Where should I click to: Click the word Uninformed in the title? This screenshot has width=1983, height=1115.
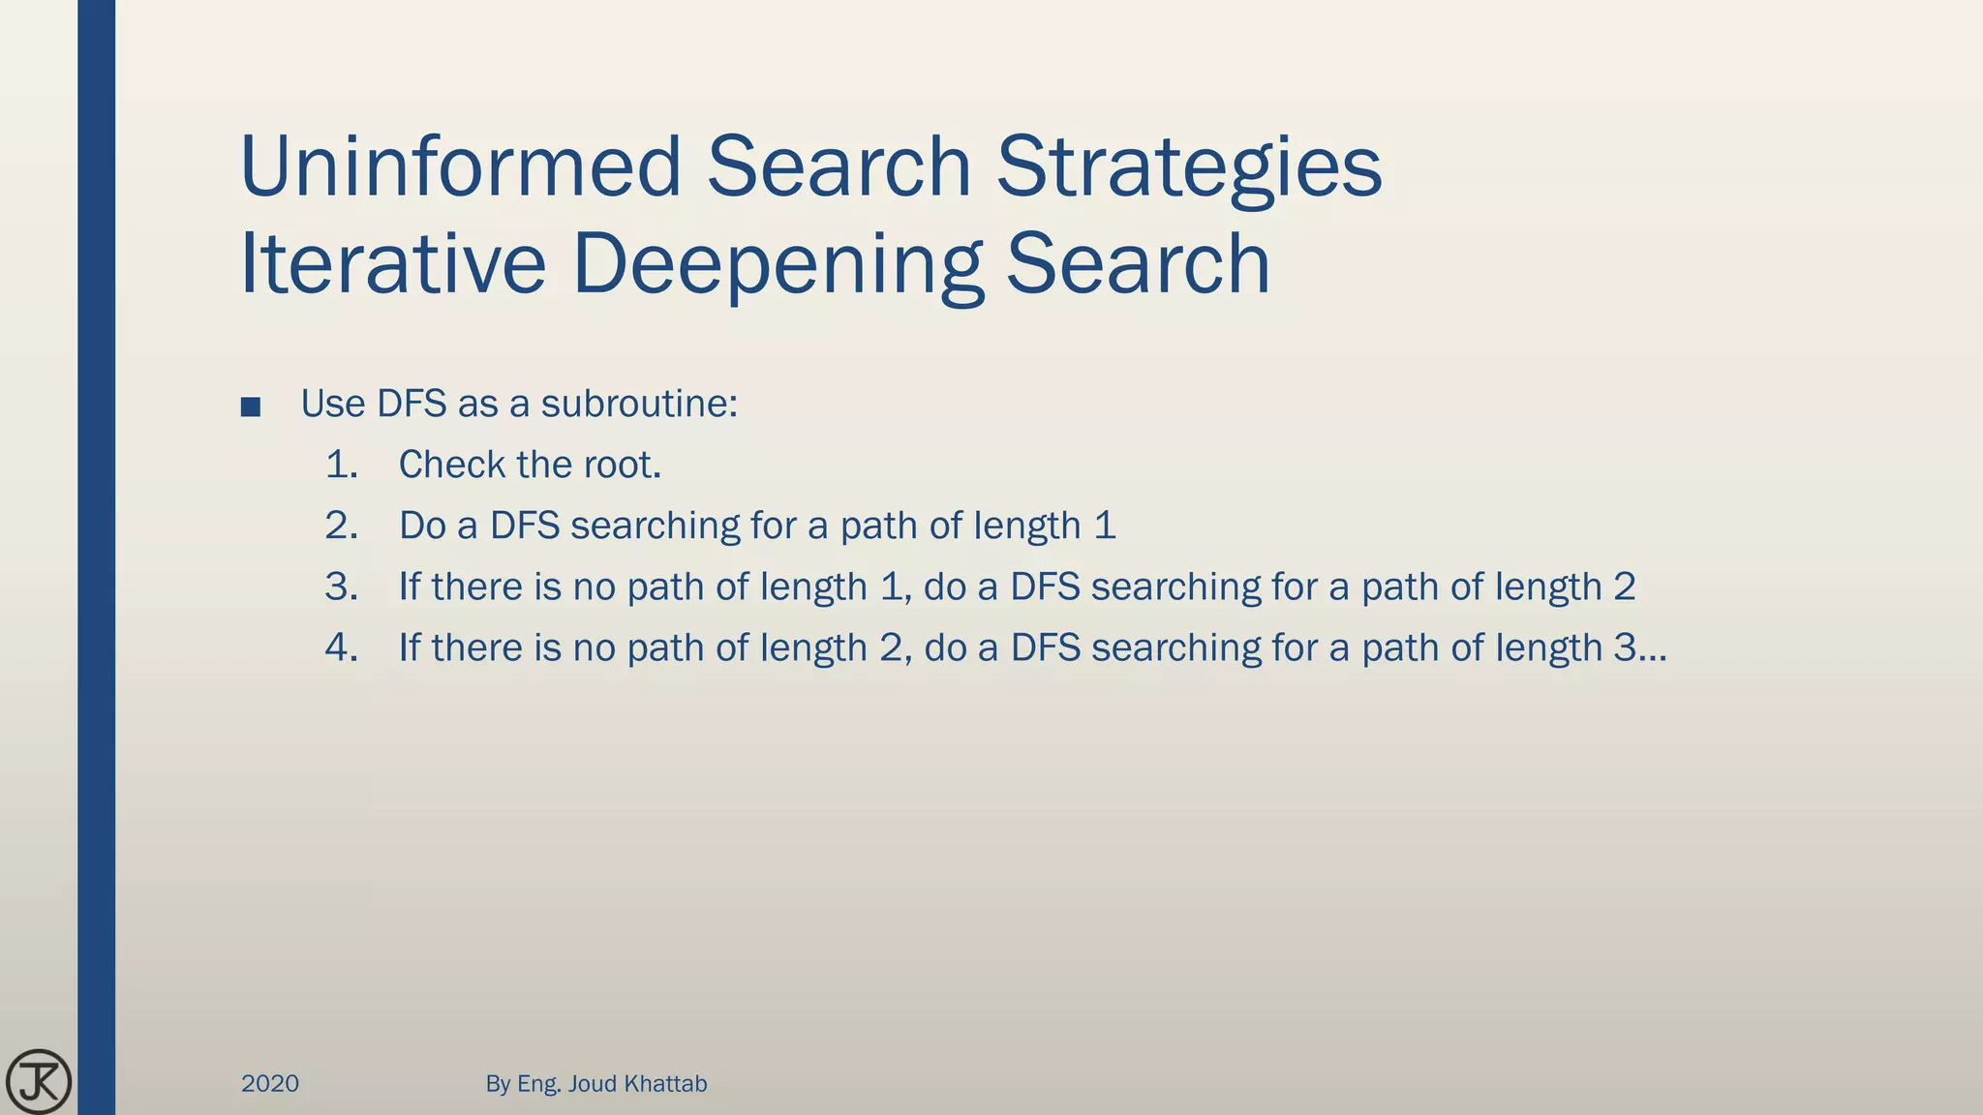pyautogui.click(x=461, y=166)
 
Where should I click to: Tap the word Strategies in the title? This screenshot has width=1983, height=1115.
pyautogui.click(x=1189, y=166)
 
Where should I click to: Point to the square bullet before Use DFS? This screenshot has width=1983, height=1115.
pyautogui.click(x=251, y=407)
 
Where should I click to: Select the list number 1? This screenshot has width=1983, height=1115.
pyautogui.click(x=341, y=465)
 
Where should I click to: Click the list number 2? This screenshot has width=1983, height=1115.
pyautogui.click(x=341, y=526)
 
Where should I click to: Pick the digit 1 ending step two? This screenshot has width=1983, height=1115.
pyautogui.click(x=1105, y=526)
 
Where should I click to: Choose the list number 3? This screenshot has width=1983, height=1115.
pyautogui.click(x=341, y=587)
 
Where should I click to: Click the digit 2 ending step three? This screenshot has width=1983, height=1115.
pyautogui.click(x=1624, y=587)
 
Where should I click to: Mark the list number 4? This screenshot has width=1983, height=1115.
pyautogui.click(x=341, y=648)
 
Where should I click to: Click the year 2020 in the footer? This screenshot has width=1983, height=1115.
pyautogui.click(x=270, y=1083)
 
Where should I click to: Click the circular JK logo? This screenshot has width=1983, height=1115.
pyautogui.click(x=39, y=1081)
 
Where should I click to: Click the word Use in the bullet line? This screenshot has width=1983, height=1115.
pyautogui.click(x=332, y=404)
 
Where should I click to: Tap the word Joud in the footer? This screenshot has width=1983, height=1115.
pyautogui.click(x=592, y=1083)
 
